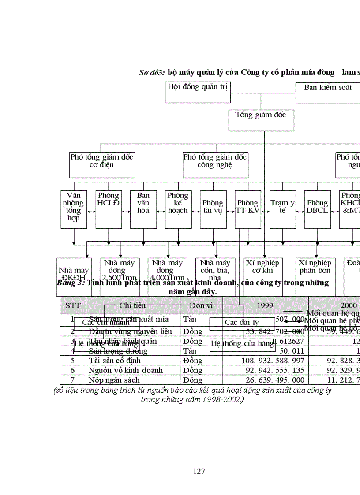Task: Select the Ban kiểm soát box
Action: click(x=328, y=92)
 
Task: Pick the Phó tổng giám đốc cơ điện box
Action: click(x=102, y=165)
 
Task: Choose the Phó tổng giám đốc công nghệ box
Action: click(x=215, y=165)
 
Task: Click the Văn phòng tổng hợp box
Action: click(x=74, y=209)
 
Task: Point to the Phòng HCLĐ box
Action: click(x=109, y=209)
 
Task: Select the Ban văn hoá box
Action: click(x=143, y=209)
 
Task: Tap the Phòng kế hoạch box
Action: click(x=178, y=209)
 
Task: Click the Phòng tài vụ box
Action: click(x=213, y=209)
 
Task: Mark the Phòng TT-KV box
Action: click(x=248, y=209)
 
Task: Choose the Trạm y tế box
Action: click(x=283, y=209)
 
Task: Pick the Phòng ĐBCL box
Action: click(x=318, y=209)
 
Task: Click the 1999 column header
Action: click(x=265, y=305)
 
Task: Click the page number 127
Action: click(x=199, y=471)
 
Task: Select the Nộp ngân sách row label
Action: click(x=114, y=380)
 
